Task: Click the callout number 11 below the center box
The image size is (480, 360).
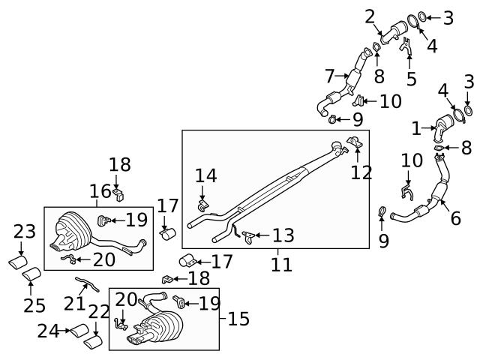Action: [x=282, y=265]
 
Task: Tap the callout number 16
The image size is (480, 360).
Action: [x=100, y=191]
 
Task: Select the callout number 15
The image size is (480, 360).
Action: [x=238, y=319]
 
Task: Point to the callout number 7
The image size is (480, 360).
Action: [x=331, y=76]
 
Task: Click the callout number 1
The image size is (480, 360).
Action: [x=417, y=129]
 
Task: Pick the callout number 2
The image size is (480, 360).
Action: [x=370, y=16]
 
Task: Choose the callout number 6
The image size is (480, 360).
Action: [x=454, y=219]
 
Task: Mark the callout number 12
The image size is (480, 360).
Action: [x=361, y=172]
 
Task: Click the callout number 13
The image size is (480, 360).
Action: [x=283, y=235]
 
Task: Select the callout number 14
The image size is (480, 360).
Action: [x=205, y=176]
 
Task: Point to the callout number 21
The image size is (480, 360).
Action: [x=75, y=303]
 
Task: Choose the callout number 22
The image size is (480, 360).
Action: [x=99, y=312]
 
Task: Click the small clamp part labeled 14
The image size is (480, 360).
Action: [x=202, y=204]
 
